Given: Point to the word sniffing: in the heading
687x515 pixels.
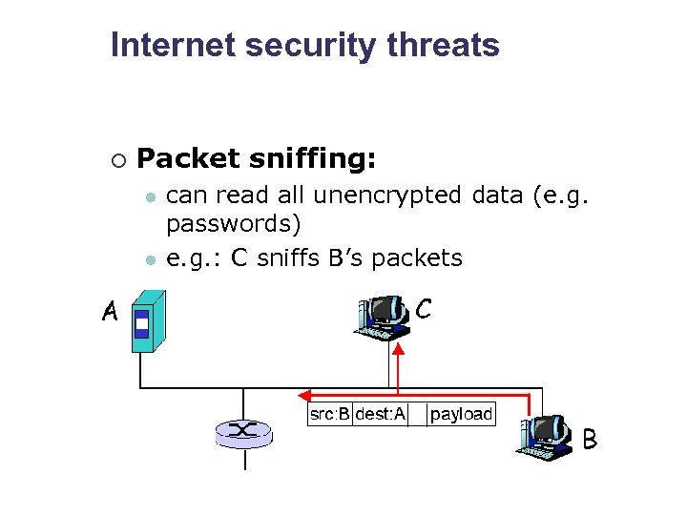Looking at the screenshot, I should tap(315, 158).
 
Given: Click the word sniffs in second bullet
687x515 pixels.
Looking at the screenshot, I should tap(290, 257).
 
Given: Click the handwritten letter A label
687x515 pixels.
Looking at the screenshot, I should tap(111, 312).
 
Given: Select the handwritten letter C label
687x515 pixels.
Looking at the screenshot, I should tap(424, 309).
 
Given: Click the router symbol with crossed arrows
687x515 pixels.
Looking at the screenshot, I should tap(243, 433).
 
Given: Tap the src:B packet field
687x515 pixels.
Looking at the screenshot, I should tap(330, 414).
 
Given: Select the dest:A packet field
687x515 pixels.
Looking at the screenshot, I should tap(380, 414).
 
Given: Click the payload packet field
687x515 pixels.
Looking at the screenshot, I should tap(461, 414).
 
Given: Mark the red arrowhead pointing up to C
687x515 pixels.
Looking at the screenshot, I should tap(399, 350).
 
